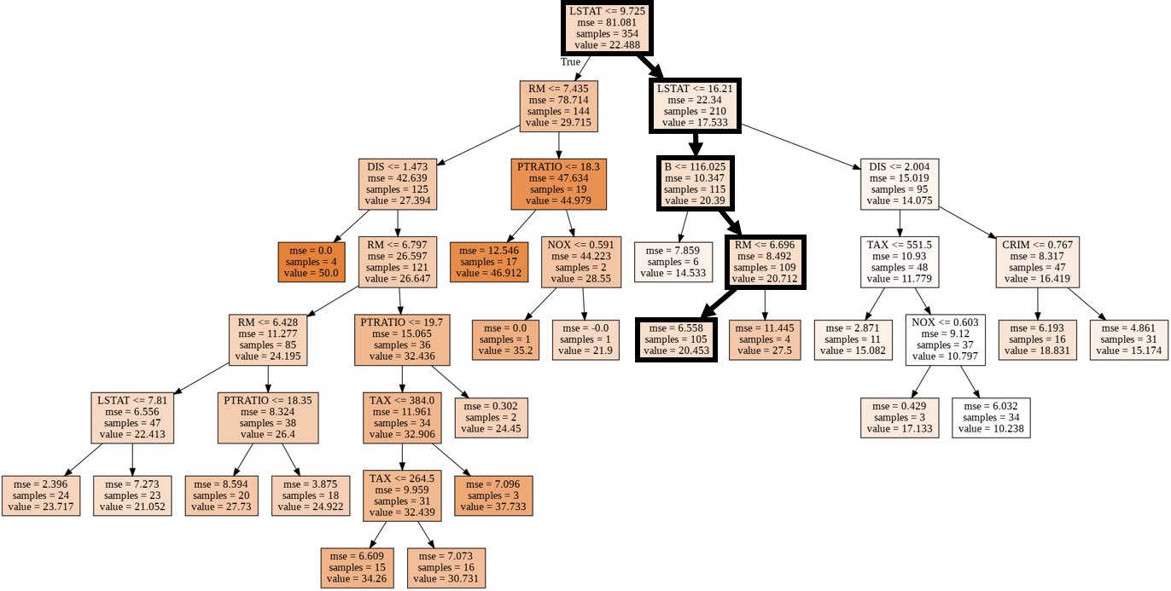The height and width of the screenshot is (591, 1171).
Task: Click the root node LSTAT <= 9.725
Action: pyautogui.click(x=607, y=27)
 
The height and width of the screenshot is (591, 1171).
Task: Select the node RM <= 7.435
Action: pyautogui.click(x=558, y=106)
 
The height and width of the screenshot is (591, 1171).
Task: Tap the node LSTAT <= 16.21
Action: pyautogui.click(x=695, y=106)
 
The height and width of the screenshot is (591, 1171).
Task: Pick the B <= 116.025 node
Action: pyautogui.click(x=696, y=184)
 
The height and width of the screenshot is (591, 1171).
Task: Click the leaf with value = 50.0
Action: pyautogui.click(x=312, y=262)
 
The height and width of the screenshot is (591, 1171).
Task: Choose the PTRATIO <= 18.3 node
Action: pyautogui.click(x=558, y=184)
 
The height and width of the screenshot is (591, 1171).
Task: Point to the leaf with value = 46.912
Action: pyautogui.click(x=489, y=262)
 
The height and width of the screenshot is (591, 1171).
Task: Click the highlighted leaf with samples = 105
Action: pyautogui.click(x=677, y=339)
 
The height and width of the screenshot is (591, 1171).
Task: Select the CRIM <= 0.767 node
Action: pyautogui.click(x=1037, y=262)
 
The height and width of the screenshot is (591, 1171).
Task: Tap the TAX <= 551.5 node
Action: pyautogui.click(x=900, y=262)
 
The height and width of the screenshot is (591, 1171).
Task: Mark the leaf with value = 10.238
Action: pyautogui.click(x=991, y=418)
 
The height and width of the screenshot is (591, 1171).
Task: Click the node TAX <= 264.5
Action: pyautogui.click(x=402, y=495)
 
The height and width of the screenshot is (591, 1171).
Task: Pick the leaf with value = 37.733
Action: pyautogui.click(x=493, y=495)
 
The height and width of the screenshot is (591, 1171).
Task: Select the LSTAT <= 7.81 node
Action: pyautogui.click(x=132, y=418)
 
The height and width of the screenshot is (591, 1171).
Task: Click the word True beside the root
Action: pyautogui.click(x=570, y=61)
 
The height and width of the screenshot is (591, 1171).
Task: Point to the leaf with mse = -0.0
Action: pyautogui.click(x=585, y=339)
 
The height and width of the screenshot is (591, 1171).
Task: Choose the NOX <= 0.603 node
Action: pyautogui.click(x=945, y=339)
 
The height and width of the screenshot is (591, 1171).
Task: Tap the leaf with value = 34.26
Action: pyautogui.click(x=357, y=568)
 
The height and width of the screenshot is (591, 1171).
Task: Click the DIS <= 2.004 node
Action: pyautogui.click(x=900, y=184)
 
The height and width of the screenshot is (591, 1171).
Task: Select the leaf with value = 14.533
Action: pyautogui.click(x=673, y=262)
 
